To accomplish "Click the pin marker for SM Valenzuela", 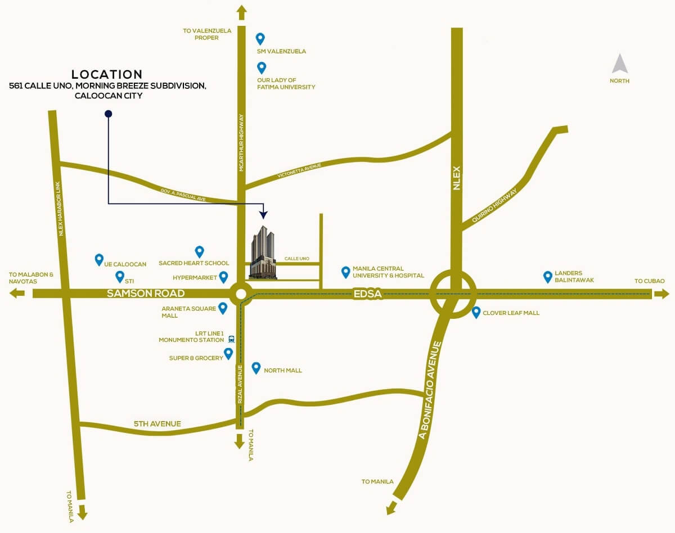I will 260,38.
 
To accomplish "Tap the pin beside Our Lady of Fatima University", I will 262,68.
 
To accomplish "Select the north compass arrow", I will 620,64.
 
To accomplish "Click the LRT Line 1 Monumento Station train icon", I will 231,339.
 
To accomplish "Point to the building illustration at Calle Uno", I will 263,252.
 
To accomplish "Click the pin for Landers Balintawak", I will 547,277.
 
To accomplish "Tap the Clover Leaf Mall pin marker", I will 476,312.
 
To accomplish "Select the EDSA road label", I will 368,293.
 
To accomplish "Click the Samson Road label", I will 146,293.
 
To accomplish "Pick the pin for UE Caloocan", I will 99,259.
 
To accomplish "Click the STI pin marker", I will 119,277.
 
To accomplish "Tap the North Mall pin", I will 256,368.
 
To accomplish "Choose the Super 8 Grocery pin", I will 228,354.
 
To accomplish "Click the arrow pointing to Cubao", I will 662,293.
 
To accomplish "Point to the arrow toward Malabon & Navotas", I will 17,293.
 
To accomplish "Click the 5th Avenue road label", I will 157,423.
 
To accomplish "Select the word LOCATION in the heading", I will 107,74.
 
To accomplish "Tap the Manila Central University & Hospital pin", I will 345,273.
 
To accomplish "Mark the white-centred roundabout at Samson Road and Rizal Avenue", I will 241,293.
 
